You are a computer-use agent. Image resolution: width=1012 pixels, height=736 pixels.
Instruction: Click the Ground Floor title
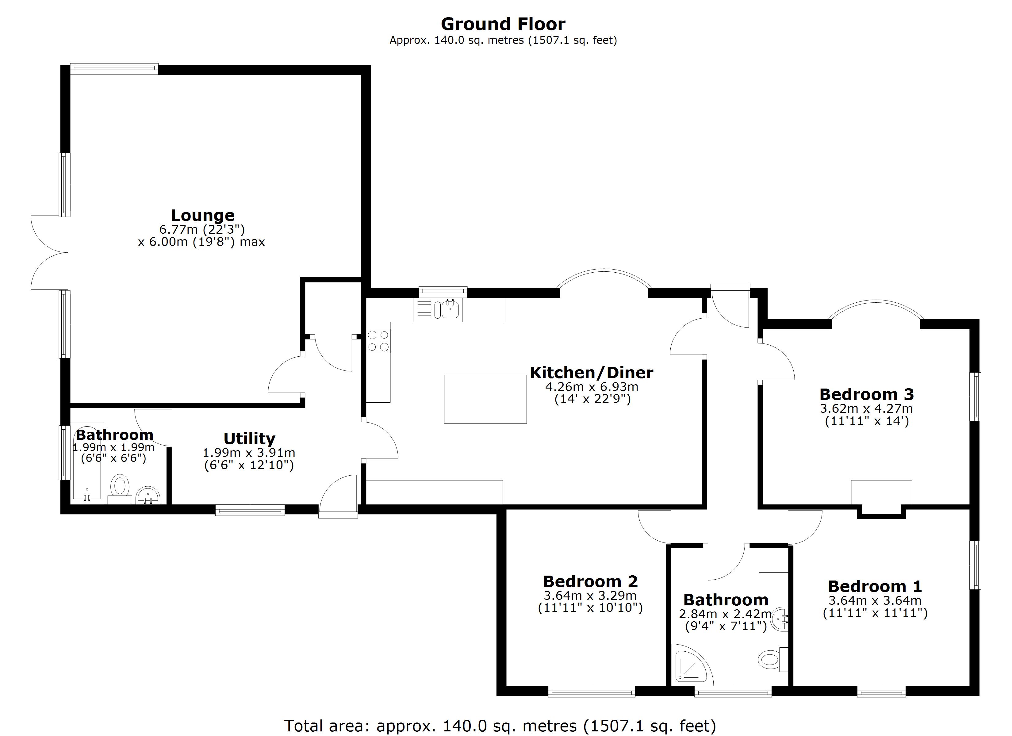click(x=503, y=24)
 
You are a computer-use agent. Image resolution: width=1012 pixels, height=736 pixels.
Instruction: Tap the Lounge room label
click(x=203, y=216)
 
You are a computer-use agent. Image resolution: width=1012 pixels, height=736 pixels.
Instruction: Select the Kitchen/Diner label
click(x=591, y=373)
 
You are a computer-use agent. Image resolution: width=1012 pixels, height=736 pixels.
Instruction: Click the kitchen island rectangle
click(x=485, y=399)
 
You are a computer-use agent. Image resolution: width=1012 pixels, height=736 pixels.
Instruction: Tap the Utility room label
click(x=249, y=439)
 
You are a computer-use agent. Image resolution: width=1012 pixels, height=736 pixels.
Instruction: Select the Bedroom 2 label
click(x=590, y=581)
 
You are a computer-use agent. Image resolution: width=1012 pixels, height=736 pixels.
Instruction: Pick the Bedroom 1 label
click(x=875, y=586)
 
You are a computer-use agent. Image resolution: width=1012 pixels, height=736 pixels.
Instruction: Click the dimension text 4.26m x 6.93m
click(x=592, y=386)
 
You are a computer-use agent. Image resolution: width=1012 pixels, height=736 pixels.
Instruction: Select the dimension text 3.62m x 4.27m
click(x=866, y=408)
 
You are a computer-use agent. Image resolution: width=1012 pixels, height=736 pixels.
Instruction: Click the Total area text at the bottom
click(x=500, y=726)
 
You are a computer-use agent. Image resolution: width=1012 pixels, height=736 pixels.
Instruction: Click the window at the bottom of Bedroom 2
click(x=591, y=693)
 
